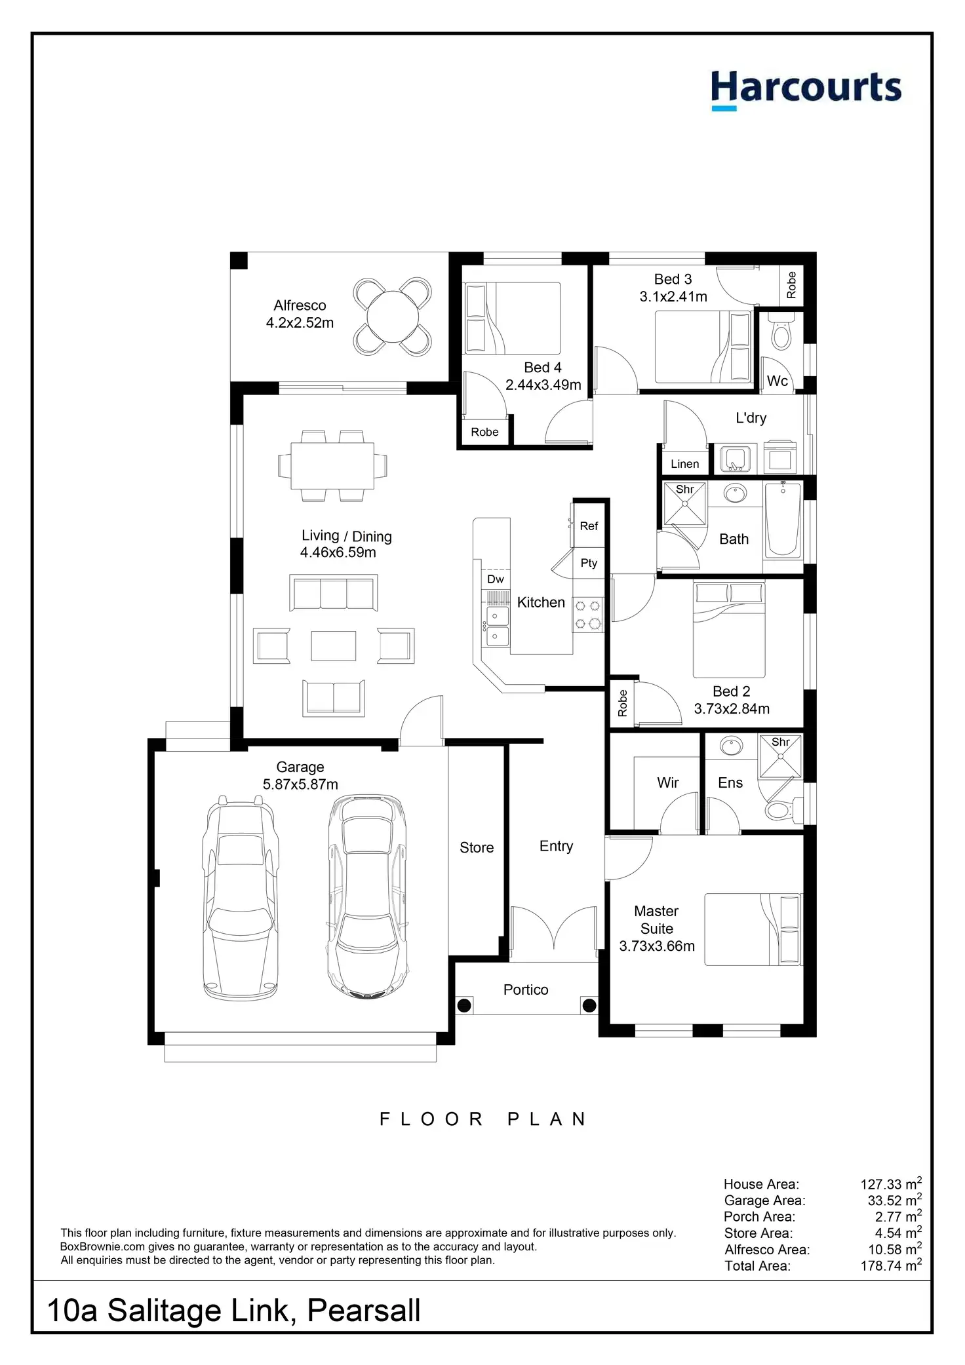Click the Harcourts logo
tap(806, 90)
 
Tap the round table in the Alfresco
tap(392, 317)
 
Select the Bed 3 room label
tap(673, 279)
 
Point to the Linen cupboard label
tap(684, 464)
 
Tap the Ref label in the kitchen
tap(589, 526)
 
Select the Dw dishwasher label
tap(496, 579)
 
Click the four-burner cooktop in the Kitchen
tap(588, 615)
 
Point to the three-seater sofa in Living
tap(334, 594)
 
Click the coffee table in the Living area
tap(333, 646)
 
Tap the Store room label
tap(477, 848)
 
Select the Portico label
tap(526, 990)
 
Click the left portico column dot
tap(464, 1005)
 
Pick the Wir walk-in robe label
tap(667, 783)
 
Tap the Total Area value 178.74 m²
tap(890, 1266)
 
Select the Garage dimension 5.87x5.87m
tap(300, 784)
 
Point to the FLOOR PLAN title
tap(482, 1119)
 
